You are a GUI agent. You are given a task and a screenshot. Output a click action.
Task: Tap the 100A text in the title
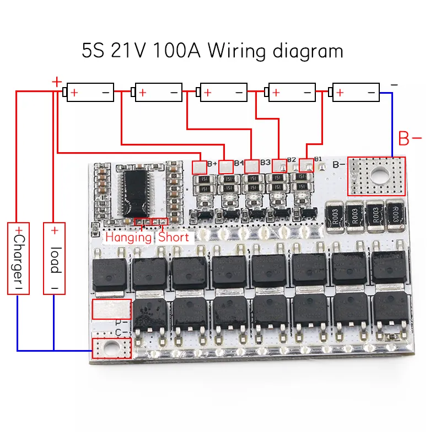pos(175,51)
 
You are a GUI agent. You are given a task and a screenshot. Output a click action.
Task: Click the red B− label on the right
pos(410,139)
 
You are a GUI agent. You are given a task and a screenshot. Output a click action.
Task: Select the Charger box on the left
pos(18,258)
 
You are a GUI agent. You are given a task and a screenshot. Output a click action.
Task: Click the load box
pos(54,258)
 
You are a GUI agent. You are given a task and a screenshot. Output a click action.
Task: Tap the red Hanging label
pos(128,238)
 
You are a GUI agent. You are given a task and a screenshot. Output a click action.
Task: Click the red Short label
pos(174,238)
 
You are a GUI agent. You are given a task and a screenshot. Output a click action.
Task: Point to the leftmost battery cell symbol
pos(90,93)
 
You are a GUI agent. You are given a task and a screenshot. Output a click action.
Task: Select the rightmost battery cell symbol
pos(356,93)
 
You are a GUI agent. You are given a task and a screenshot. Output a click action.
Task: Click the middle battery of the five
pos(223,93)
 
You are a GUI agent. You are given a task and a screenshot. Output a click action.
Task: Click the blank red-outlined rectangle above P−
pos(112,309)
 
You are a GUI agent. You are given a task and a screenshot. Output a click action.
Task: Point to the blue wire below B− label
pos(392,124)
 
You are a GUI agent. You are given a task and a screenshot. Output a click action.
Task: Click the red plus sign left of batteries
pos(56,82)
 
